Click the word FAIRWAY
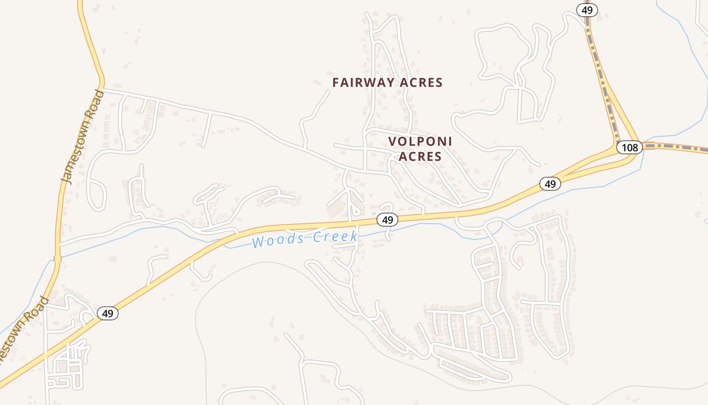[363, 83]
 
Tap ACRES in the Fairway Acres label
[421, 83]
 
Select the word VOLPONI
[420, 141]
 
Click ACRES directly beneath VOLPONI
[420, 156]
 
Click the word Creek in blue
[335, 236]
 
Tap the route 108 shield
[630, 147]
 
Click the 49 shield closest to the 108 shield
[550, 184]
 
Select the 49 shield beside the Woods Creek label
[387, 220]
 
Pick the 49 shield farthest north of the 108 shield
[587, 10]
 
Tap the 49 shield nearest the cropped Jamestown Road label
[107, 313]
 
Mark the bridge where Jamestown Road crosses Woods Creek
[57, 259]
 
